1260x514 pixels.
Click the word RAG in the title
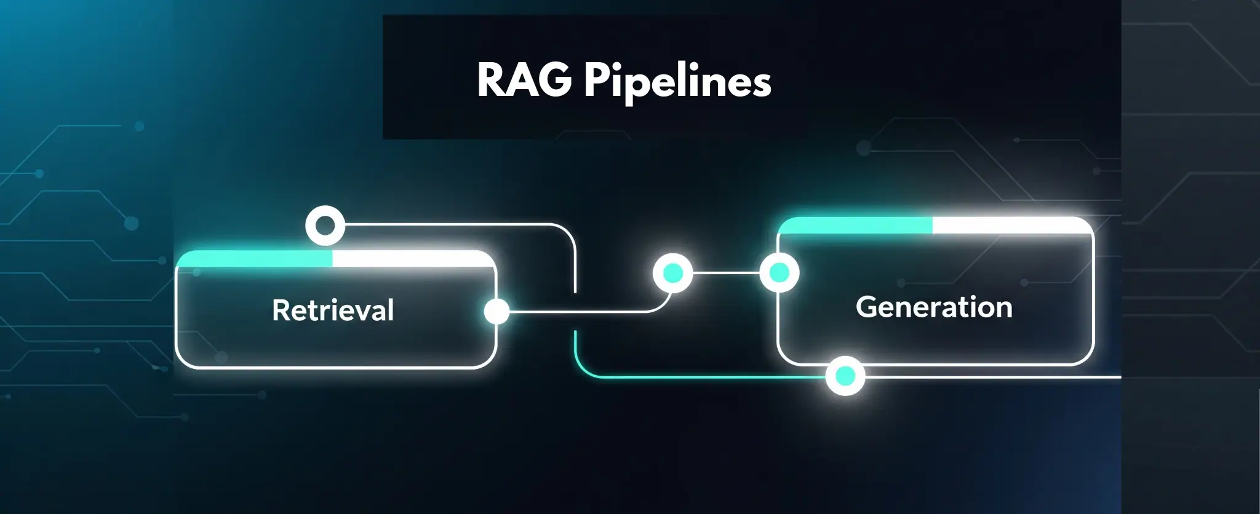pos(524,80)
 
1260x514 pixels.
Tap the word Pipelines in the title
pos(677,82)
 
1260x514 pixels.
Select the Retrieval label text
pos(333,310)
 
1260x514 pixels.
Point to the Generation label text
pos(933,307)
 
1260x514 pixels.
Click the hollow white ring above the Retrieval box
pos(325,226)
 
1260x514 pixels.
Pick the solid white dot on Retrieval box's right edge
pos(496,311)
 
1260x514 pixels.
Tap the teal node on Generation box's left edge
pos(779,272)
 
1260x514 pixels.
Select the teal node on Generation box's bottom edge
pos(845,376)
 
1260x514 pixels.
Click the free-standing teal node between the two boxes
pos(672,272)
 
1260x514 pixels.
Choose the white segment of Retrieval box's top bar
pos(412,259)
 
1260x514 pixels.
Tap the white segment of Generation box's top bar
pos(1012,226)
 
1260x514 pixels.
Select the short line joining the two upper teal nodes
pos(726,272)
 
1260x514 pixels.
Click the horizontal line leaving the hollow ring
pos(449,225)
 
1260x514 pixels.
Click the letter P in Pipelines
pos(596,80)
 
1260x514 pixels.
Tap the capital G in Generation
pos(867,306)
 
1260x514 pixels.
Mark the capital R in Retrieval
pos(281,310)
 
